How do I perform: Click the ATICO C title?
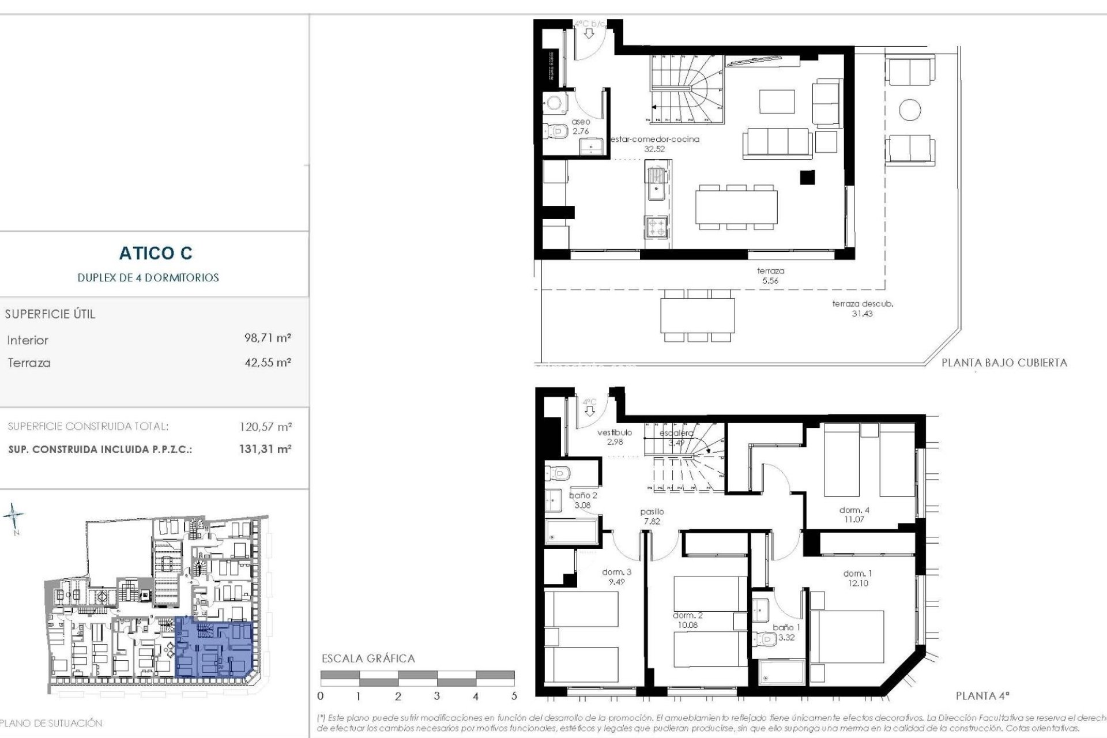(x=156, y=253)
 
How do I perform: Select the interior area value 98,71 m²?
(x=268, y=338)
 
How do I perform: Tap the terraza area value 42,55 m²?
(x=268, y=363)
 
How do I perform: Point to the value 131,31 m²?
(x=265, y=449)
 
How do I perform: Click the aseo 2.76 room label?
(x=581, y=127)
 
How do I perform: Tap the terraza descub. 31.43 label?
(x=862, y=308)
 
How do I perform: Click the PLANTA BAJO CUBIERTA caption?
(x=1004, y=363)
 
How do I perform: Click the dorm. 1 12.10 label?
(x=857, y=578)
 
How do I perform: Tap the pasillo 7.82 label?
(x=652, y=516)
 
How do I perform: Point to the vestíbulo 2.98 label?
(x=615, y=437)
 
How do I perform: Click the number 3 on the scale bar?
(x=436, y=696)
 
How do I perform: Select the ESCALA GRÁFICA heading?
(x=368, y=658)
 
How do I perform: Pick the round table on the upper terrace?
(x=910, y=110)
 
